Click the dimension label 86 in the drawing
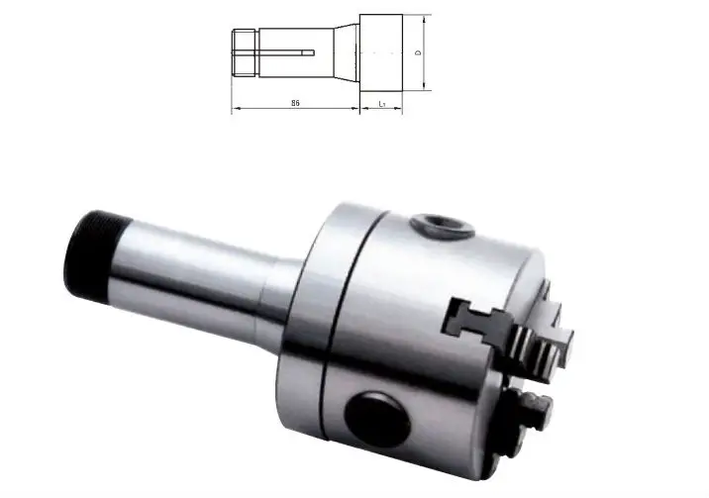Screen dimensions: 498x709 point(296,102)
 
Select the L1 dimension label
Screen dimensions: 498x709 point(381,102)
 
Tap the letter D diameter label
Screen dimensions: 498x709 point(419,52)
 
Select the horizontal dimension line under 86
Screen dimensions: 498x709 point(296,109)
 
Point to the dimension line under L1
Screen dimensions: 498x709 point(381,109)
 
